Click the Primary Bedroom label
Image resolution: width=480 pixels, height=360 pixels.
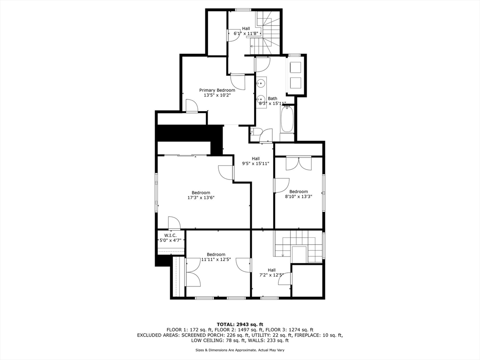click(x=217, y=90)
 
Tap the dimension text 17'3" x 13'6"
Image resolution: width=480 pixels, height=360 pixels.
click(x=201, y=197)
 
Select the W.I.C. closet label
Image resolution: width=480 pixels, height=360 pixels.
click(x=170, y=235)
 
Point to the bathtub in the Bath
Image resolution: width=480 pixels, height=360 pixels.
click(x=287, y=120)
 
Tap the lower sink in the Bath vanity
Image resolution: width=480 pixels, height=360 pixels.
click(x=261, y=99)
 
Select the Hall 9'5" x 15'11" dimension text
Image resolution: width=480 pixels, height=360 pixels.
click(x=255, y=164)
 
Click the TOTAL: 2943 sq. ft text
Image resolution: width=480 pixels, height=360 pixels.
click(x=240, y=324)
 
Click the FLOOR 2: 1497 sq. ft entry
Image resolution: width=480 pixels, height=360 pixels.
click(x=240, y=330)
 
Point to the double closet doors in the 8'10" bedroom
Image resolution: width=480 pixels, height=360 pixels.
click(x=299, y=164)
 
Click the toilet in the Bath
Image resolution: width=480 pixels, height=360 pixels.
click(x=257, y=132)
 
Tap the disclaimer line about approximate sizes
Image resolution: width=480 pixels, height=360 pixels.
click(x=240, y=350)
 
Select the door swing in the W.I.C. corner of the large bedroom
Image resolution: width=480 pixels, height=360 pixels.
click(x=174, y=223)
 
